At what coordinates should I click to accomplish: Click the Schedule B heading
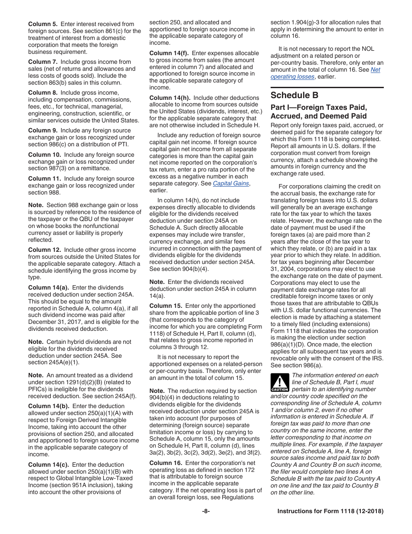[x=294, y=95]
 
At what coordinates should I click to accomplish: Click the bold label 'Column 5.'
[x=43, y=24]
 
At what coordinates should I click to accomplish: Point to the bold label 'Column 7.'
[x=43, y=62]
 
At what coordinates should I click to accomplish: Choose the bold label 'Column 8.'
[x=43, y=92]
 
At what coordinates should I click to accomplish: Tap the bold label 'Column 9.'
[x=43, y=130]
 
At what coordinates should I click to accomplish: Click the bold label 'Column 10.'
[x=44, y=155]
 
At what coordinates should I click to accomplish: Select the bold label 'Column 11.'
[x=44, y=178]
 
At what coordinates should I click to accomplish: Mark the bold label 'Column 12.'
[x=44, y=250]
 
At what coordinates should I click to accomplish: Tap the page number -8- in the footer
[x=206, y=511]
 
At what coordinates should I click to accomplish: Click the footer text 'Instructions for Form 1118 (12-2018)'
[x=330, y=511]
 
